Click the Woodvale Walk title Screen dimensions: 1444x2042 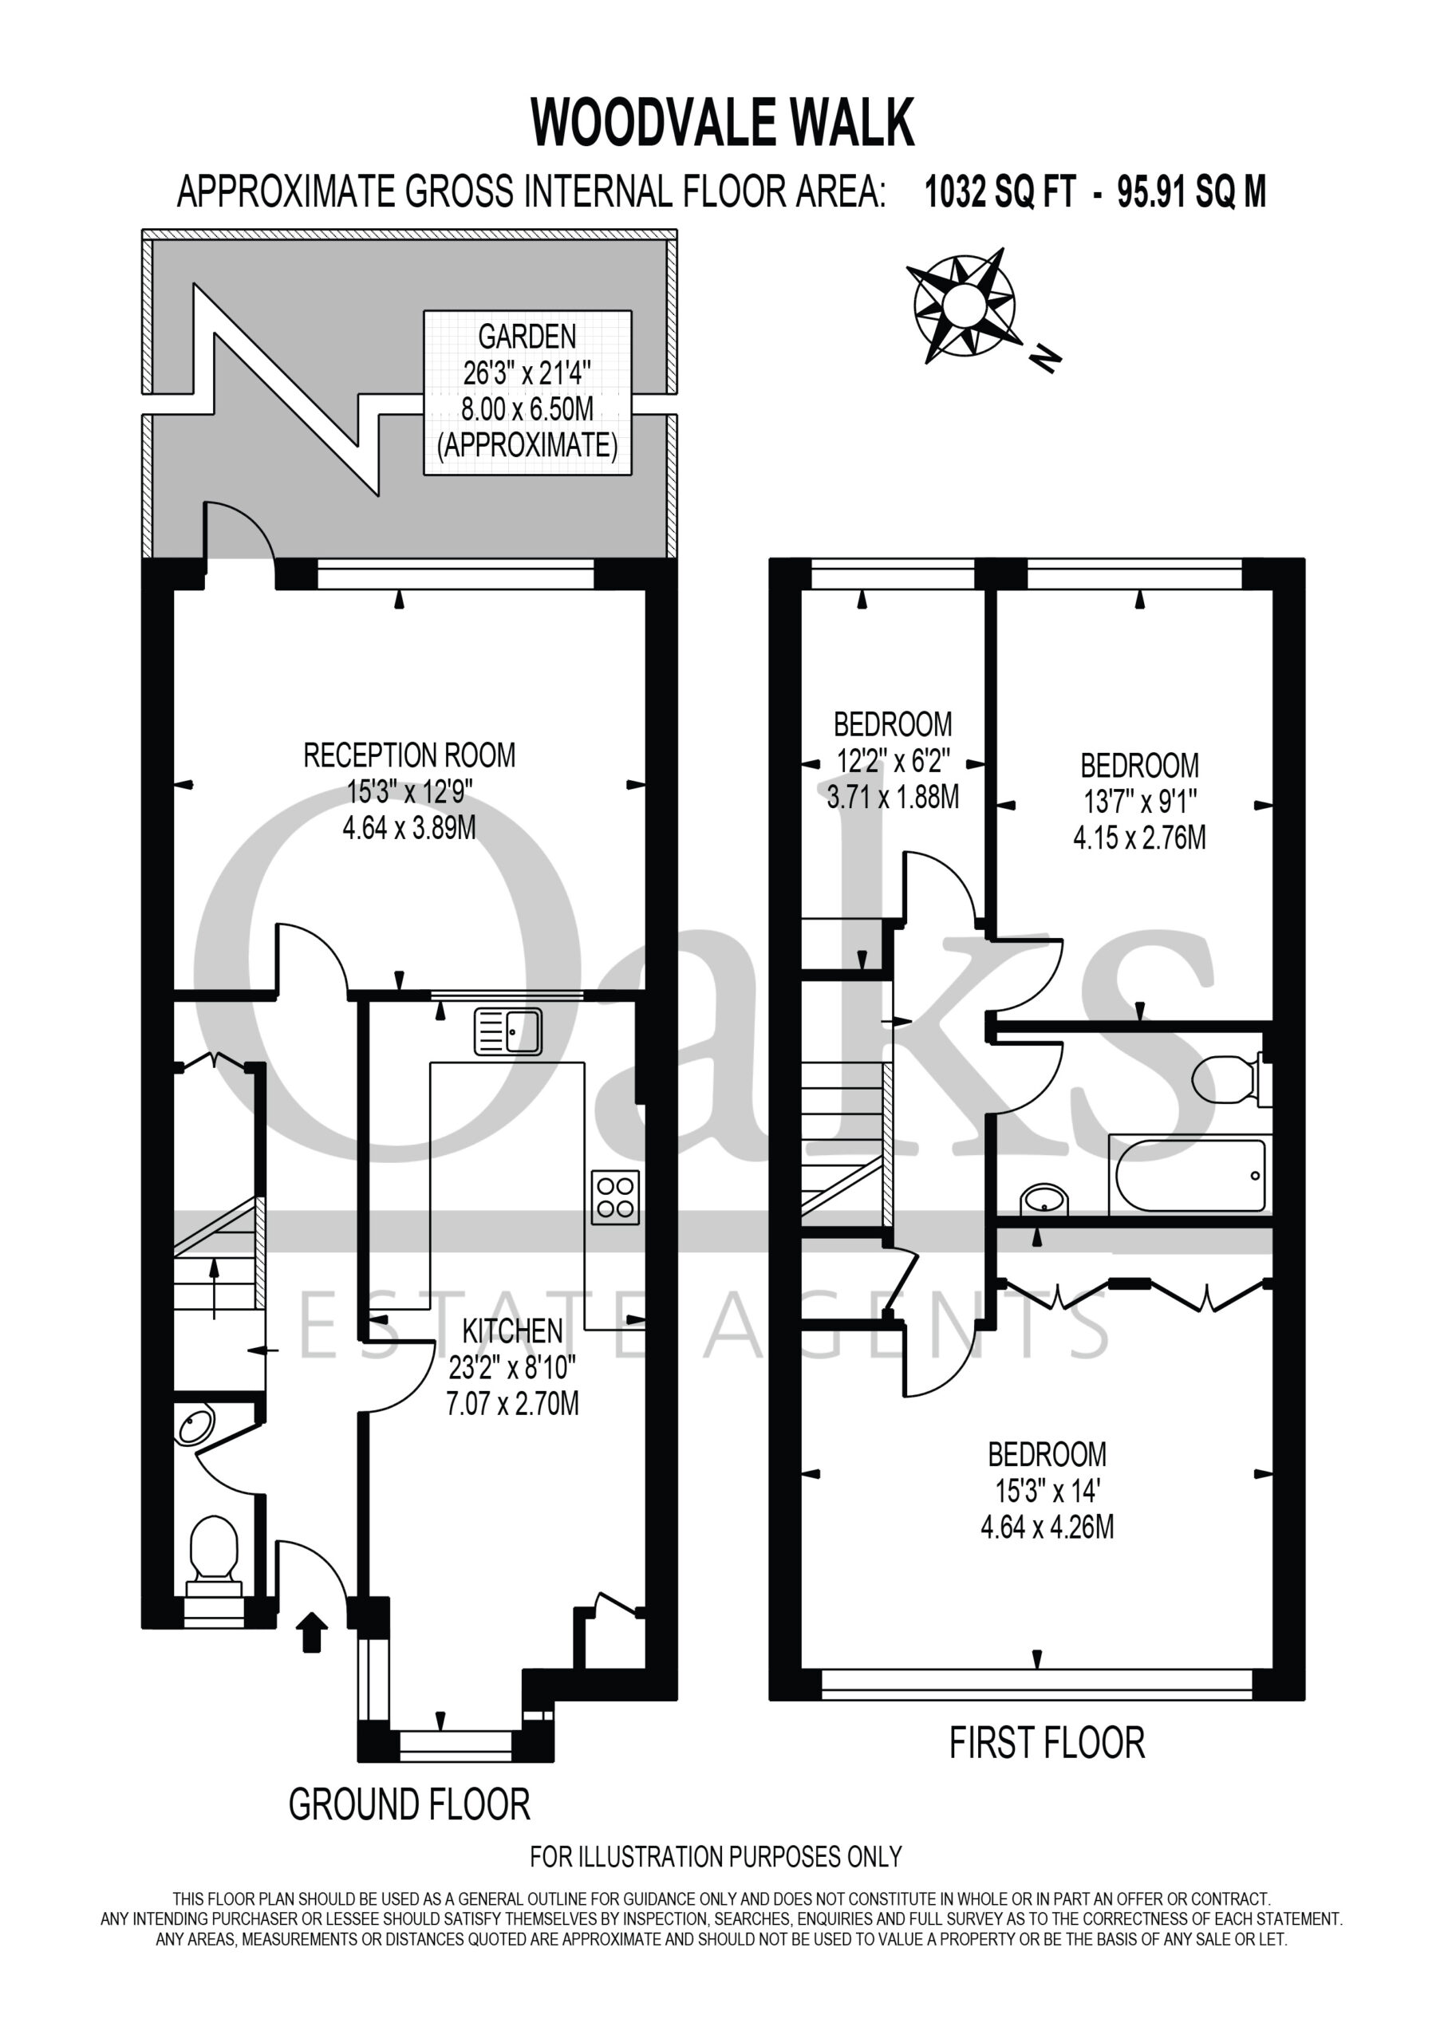[x=723, y=123]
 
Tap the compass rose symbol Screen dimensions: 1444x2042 [x=963, y=305]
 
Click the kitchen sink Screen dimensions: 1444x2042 [x=507, y=1031]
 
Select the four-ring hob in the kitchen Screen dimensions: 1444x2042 [x=615, y=1197]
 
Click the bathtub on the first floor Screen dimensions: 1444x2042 [x=1188, y=1176]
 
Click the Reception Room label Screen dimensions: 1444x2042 [x=409, y=755]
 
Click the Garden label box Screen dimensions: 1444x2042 [x=527, y=392]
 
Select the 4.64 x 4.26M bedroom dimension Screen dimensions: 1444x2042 [x=1047, y=1527]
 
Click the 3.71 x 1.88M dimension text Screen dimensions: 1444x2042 [x=894, y=797]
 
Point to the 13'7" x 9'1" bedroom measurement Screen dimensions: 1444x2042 [x=1140, y=802]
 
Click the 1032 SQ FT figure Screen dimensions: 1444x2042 [x=1001, y=191]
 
